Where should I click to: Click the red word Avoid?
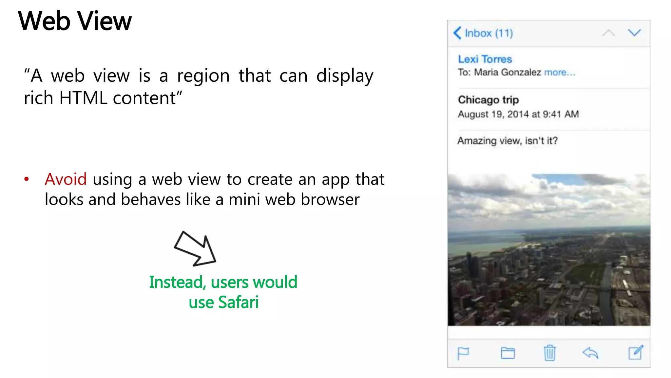66,179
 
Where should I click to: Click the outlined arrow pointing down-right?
195,248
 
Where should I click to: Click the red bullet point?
27,179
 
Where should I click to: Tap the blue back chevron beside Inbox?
457,33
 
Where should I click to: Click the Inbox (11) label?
489,33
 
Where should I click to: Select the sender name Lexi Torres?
485,59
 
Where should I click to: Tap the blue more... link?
559,72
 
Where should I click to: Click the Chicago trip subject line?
488,100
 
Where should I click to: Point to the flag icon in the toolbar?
463,353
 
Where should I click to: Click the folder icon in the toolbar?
508,353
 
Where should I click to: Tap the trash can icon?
549,353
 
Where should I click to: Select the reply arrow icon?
590,353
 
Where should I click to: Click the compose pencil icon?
636,353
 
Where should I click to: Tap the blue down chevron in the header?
634,32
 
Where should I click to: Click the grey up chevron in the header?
608,33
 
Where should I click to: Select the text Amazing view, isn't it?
507,141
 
